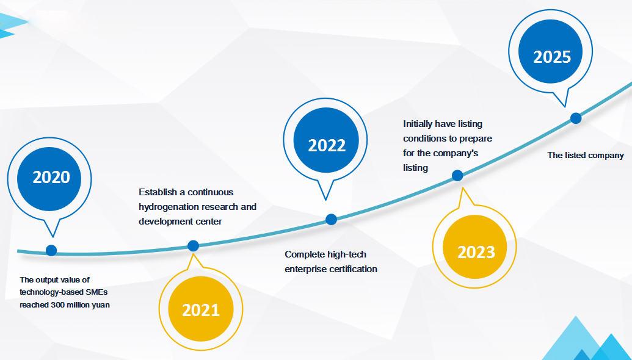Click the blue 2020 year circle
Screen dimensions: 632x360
(49, 179)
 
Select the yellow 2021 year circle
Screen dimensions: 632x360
(201, 309)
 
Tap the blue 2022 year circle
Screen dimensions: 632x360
(326, 140)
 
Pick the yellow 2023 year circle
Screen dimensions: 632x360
(475, 247)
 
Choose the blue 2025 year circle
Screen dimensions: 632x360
(551, 51)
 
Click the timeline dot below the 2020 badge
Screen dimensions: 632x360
(51, 250)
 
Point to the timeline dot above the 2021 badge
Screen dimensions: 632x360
(193, 246)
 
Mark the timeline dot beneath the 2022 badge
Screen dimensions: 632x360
(332, 220)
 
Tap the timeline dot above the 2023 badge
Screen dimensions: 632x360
(457, 176)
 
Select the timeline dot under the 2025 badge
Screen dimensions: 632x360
(576, 118)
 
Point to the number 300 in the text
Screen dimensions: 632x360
(58, 305)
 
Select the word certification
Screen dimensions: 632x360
(353, 269)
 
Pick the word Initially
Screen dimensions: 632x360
(418, 124)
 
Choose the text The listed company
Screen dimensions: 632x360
(586, 156)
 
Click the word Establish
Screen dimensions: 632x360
(158, 192)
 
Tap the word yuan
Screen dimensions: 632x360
(101, 305)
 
